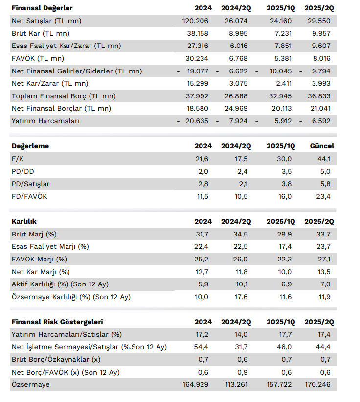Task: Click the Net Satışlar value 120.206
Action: click(195, 21)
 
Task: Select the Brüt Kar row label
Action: click(41, 33)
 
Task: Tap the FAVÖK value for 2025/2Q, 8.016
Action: click(321, 58)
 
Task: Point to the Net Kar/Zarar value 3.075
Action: click(238, 83)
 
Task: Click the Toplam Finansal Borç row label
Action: click(64, 96)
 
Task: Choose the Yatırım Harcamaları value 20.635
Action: click(197, 121)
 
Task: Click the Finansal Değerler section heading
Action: click(42, 8)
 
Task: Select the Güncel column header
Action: click(322, 146)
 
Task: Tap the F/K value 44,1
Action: click(324, 159)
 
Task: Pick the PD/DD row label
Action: click(23, 171)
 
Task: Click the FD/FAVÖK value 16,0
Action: click(285, 197)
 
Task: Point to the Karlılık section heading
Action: click(24, 221)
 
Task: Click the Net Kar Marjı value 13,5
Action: click(324, 272)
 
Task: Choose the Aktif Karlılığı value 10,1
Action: click(241, 284)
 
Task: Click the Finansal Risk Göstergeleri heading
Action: click(57, 322)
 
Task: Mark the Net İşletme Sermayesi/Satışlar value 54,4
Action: click(201, 347)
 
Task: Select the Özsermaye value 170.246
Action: click(317, 384)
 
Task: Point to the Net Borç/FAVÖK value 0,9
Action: click(242, 372)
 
